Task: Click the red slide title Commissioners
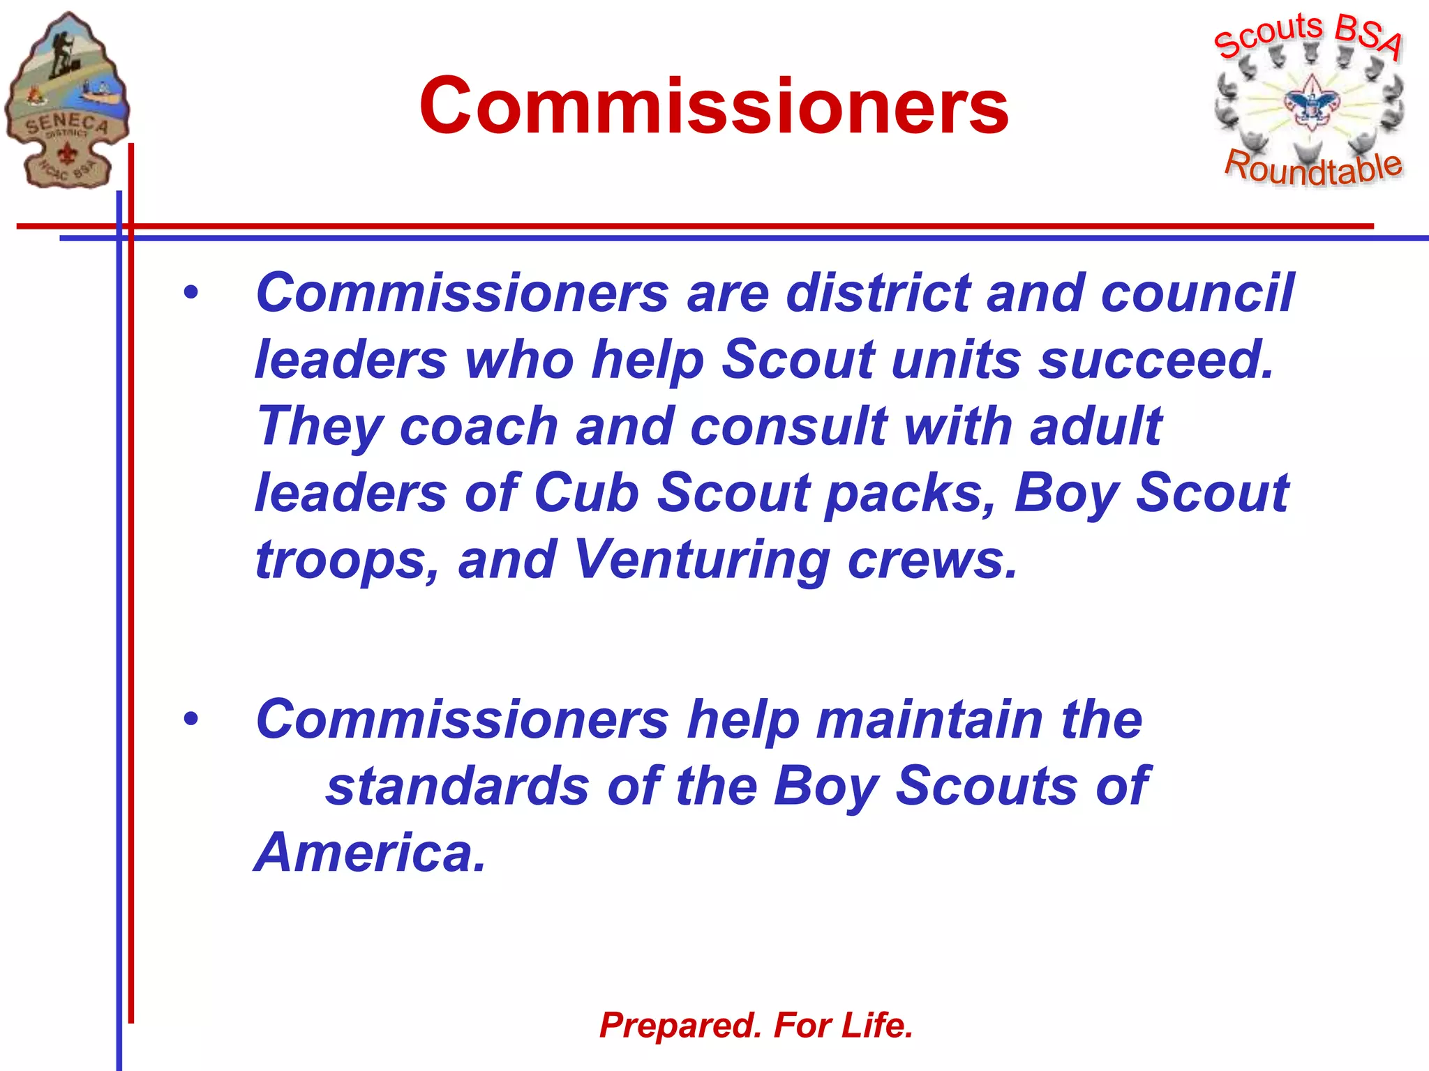click(713, 106)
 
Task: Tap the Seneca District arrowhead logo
click(66, 101)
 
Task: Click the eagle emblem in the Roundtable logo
click(1312, 105)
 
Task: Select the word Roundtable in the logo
click(1313, 168)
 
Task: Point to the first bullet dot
click(190, 293)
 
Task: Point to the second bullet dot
click(190, 719)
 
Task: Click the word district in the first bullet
click(878, 293)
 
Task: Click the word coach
click(479, 426)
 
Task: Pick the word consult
click(788, 426)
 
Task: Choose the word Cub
click(586, 493)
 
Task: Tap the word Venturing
click(701, 561)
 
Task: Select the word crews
click(932, 560)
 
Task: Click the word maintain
click(929, 720)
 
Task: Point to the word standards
click(458, 787)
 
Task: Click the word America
click(370, 853)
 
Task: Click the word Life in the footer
click(877, 1025)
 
